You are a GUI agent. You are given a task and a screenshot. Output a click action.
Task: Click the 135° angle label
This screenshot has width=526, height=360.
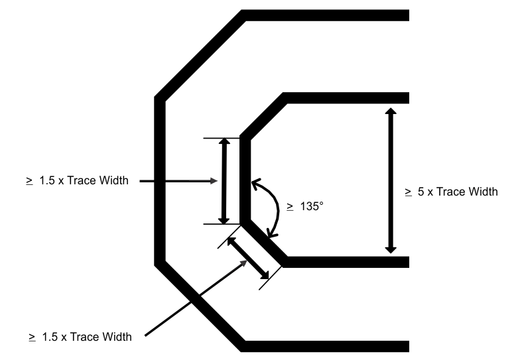point(305,206)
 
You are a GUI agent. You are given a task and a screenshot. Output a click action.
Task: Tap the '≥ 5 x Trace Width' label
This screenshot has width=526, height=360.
point(451,192)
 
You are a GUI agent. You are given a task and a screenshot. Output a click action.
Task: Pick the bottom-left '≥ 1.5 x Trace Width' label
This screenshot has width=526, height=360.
point(80,337)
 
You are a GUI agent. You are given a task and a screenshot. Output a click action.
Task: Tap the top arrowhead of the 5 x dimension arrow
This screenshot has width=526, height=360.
point(391,112)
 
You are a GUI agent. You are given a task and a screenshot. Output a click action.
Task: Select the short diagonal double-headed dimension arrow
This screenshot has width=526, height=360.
point(248,258)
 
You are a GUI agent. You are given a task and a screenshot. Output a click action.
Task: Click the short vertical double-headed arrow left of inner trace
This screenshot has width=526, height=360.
point(224,180)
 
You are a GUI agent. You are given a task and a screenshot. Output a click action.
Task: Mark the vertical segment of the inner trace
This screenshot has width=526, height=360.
point(244,179)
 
